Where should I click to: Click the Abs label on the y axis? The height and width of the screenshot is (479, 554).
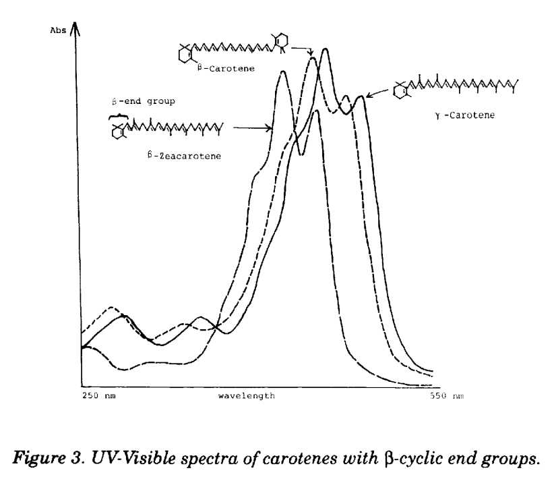(x=58, y=30)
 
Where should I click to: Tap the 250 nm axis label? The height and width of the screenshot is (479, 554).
(x=99, y=395)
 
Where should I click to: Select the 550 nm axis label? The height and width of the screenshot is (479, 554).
(x=447, y=395)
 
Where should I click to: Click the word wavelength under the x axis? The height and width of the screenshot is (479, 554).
(x=247, y=395)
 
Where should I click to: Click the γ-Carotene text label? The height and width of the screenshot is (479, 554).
(x=465, y=115)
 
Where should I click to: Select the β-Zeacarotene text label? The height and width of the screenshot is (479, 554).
(x=185, y=156)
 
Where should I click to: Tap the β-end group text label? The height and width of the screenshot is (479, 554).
(x=144, y=101)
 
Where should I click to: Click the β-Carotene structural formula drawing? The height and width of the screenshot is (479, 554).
(x=233, y=48)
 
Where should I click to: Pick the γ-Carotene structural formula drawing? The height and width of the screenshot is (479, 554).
(x=456, y=86)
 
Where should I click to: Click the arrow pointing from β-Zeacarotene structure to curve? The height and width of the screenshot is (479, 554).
(x=253, y=128)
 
